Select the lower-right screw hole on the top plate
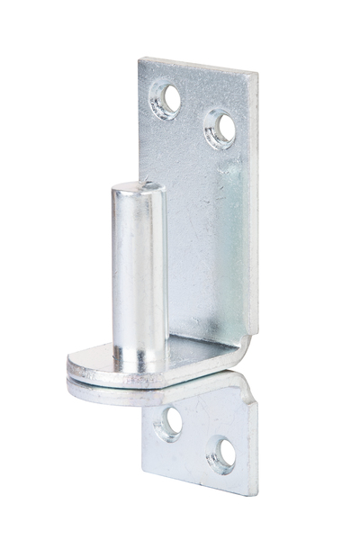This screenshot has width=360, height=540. [219, 127]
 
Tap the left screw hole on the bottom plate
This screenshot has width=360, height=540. [168, 422]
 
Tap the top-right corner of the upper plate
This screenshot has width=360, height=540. [255, 74]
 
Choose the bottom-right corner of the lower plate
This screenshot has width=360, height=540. [255, 494]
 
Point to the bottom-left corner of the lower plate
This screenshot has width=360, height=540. [143, 470]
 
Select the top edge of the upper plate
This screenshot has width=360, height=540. [198, 66]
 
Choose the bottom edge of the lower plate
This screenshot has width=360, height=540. [198, 484]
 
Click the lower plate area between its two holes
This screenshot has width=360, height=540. [194, 438]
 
